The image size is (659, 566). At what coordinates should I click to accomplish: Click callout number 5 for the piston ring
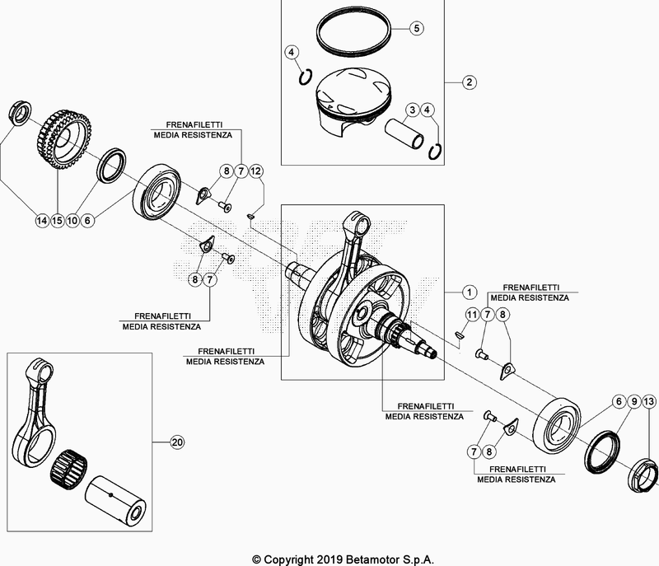pyautogui.click(x=417, y=28)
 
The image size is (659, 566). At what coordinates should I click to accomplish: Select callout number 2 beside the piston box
pyautogui.click(x=467, y=82)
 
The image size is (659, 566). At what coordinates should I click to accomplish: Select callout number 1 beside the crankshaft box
pyautogui.click(x=467, y=292)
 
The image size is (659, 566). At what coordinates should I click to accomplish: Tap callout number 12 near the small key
pyautogui.click(x=256, y=171)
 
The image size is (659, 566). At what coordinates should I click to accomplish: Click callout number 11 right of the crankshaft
pyautogui.click(x=472, y=315)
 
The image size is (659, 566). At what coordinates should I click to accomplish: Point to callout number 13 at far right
pyautogui.click(x=649, y=400)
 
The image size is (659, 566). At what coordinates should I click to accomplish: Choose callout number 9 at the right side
pyautogui.click(x=633, y=400)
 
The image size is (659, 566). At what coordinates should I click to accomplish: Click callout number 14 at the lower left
pyautogui.click(x=41, y=220)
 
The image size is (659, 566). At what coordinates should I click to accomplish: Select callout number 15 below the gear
pyautogui.click(x=57, y=220)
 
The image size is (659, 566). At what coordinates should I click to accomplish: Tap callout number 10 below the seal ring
pyautogui.click(x=72, y=220)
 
